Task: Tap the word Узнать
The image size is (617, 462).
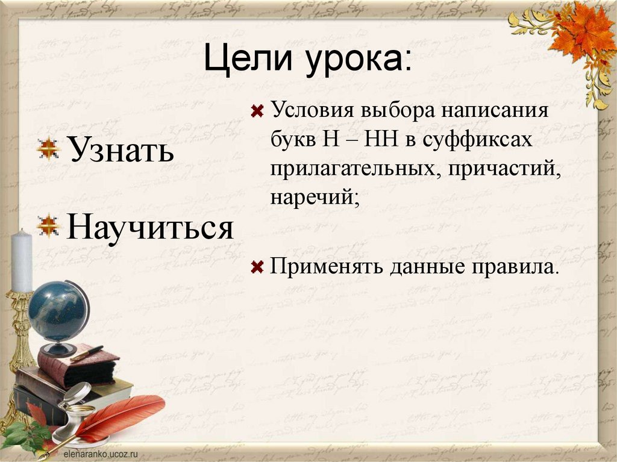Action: (x=120, y=151)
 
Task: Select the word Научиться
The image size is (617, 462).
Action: (x=149, y=228)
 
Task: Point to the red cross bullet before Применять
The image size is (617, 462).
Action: (x=257, y=266)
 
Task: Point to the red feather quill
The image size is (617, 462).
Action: (x=121, y=416)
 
